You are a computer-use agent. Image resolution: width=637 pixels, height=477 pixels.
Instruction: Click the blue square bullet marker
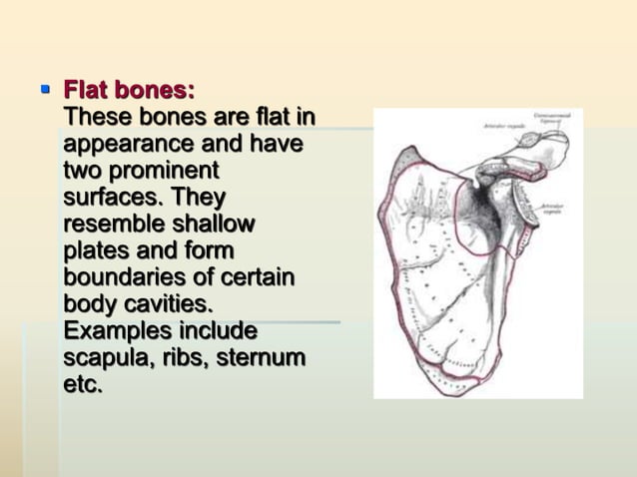[44, 89]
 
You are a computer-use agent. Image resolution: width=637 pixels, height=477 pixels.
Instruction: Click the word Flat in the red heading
[87, 91]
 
